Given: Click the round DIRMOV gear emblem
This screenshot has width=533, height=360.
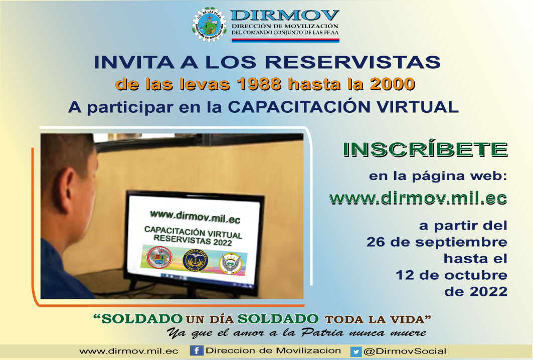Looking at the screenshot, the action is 210,25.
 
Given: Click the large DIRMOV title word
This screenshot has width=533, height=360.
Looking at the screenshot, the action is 285,16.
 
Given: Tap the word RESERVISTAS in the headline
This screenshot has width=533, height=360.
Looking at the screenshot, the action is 352,62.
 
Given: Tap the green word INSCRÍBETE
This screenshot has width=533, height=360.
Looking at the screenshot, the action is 425,150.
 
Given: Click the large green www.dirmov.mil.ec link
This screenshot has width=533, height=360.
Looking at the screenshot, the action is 418,198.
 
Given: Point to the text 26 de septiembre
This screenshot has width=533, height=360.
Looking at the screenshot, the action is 437,242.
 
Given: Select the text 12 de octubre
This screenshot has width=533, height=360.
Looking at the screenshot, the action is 451,275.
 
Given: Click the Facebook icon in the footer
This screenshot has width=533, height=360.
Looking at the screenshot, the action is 197,350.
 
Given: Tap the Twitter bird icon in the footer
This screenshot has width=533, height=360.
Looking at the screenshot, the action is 356,351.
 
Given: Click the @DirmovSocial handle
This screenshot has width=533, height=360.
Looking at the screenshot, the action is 405,351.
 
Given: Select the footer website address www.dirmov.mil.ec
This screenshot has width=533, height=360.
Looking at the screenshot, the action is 129,351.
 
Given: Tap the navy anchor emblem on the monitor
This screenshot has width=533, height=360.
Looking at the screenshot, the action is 195,260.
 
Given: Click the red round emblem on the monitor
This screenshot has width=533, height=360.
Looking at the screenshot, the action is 159,257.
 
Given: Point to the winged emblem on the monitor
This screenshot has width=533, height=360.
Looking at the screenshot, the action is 231,263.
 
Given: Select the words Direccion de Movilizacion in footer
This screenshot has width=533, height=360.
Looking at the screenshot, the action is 273,350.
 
